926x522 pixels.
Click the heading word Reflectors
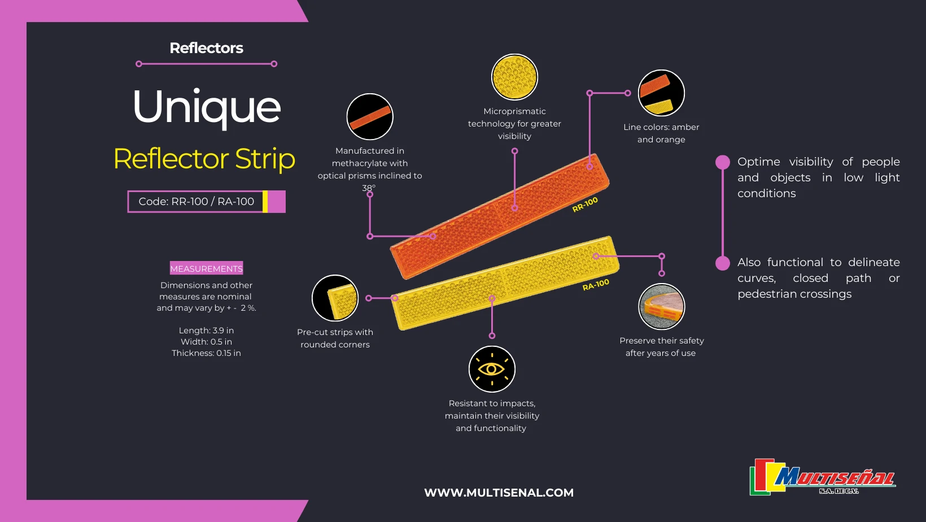pyautogui.click(x=206, y=49)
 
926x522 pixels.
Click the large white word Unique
pyautogui.click(x=207, y=107)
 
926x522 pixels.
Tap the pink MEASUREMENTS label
pyautogui.click(x=206, y=269)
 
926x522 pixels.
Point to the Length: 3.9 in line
pyautogui.click(x=206, y=330)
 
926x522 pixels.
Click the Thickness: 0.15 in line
pyautogui.click(x=206, y=353)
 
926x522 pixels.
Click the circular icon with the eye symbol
pyautogui.click(x=492, y=369)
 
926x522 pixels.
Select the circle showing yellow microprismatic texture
pyautogui.click(x=514, y=77)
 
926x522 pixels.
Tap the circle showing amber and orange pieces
pyautogui.click(x=661, y=93)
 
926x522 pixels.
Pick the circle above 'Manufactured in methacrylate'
pyautogui.click(x=370, y=117)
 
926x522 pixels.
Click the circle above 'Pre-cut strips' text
pyautogui.click(x=335, y=298)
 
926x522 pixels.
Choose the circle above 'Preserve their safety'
pyautogui.click(x=661, y=307)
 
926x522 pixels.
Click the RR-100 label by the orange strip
pyautogui.click(x=585, y=205)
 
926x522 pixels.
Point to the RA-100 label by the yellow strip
pyautogui.click(x=596, y=285)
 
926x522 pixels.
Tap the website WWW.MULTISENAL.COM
pyautogui.click(x=499, y=493)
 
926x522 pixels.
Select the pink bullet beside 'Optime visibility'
pyautogui.click(x=723, y=163)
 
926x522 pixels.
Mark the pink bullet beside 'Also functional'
pyautogui.click(x=723, y=263)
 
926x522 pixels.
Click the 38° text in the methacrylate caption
pyautogui.click(x=369, y=188)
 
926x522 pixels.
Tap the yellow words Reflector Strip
pyautogui.click(x=204, y=159)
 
